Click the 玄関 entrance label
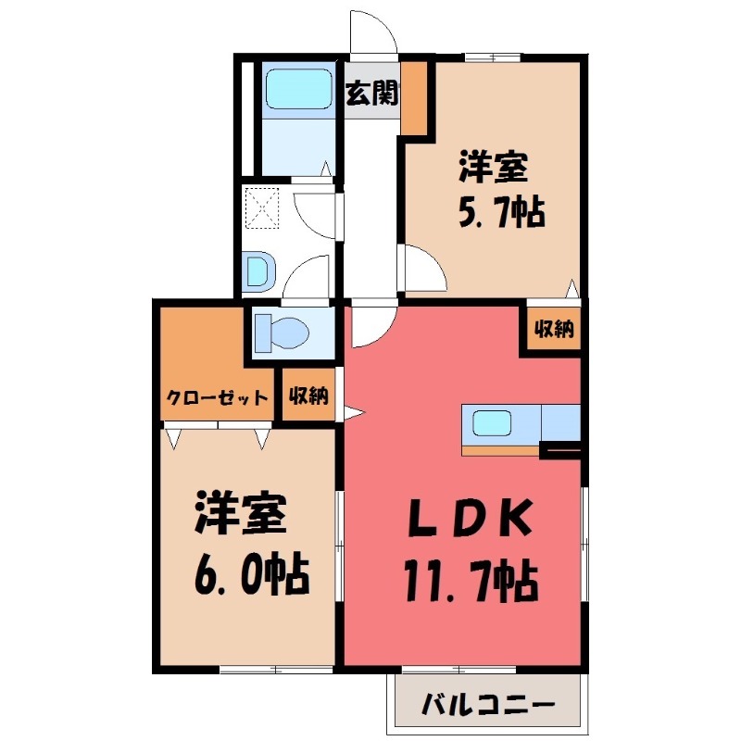[372, 94]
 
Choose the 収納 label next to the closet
[308, 397]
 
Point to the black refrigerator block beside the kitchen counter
[560, 451]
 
